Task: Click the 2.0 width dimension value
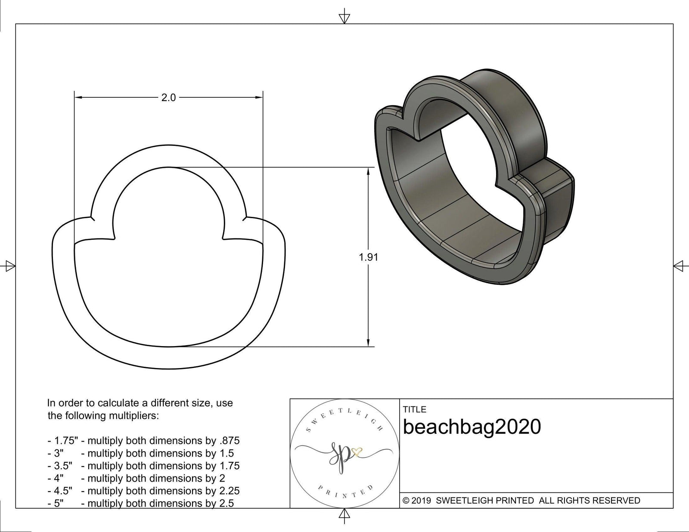pyautogui.click(x=168, y=98)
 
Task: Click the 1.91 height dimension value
pyautogui.click(x=368, y=257)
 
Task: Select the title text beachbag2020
pyautogui.click(x=472, y=427)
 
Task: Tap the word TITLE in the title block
pyautogui.click(x=414, y=409)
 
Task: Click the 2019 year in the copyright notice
pyautogui.click(x=422, y=501)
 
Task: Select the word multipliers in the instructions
pyautogui.click(x=134, y=416)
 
